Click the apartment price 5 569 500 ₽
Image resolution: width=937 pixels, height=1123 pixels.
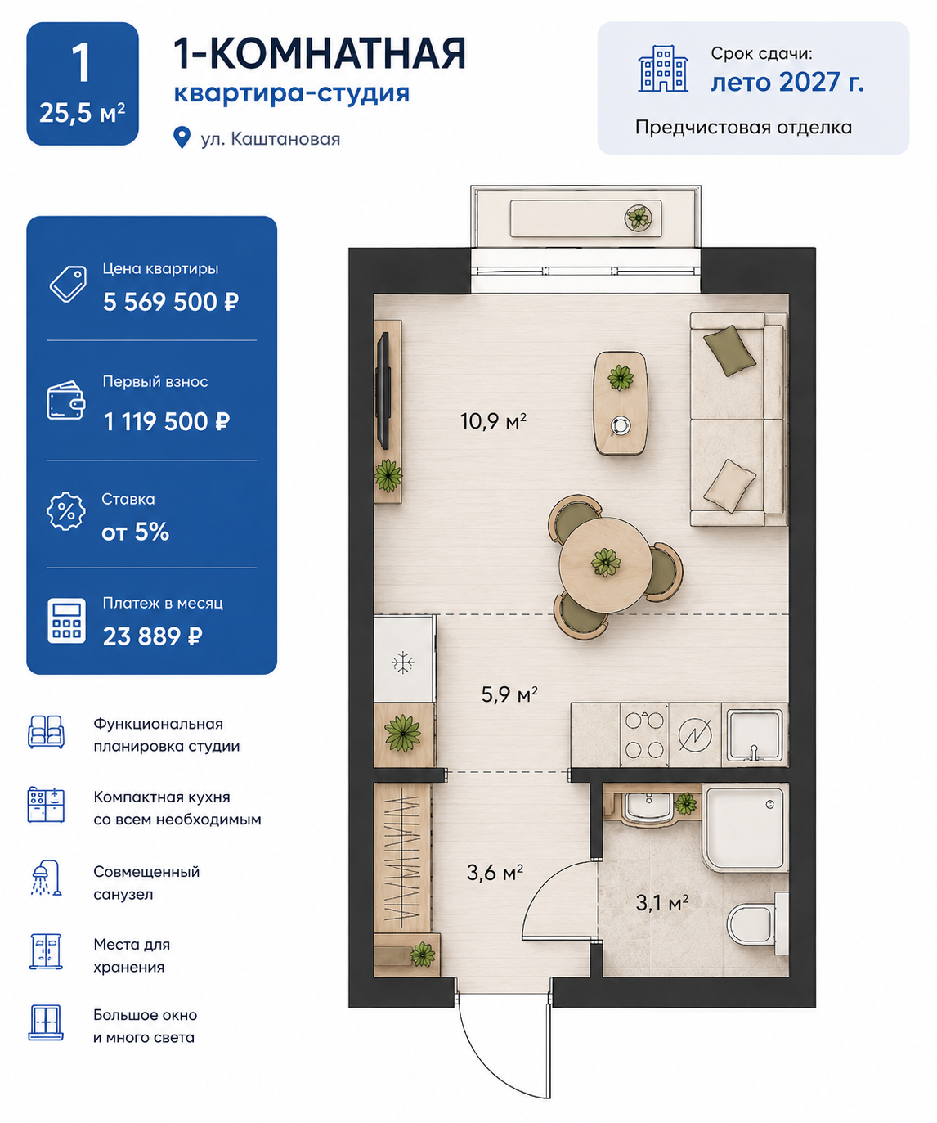pos(171,302)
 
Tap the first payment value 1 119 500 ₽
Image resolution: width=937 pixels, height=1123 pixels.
pos(167,422)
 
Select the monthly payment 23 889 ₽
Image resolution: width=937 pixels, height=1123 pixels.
pos(153,636)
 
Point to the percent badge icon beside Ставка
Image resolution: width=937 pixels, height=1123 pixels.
pos(65,511)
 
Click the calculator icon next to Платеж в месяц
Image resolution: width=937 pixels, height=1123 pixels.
pos(66,620)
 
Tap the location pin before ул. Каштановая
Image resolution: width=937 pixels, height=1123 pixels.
pos(182,137)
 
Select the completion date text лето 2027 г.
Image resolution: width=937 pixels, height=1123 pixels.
pos(787,82)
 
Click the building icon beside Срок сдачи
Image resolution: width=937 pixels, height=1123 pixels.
pos(663,69)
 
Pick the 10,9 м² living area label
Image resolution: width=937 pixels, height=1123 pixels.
pos(493,420)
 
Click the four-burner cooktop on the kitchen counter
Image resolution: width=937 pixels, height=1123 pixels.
pos(644,734)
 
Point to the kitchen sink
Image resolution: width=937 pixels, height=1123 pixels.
pos(755,734)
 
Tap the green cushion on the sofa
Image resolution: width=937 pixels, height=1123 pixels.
pos(729,350)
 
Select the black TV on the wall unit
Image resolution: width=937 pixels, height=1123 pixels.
pos(383,390)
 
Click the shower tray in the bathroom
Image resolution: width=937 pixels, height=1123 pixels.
pos(745,829)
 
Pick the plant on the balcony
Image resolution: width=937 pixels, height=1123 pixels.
pos(638,218)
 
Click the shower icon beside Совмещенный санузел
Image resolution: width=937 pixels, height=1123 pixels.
pos(47,878)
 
